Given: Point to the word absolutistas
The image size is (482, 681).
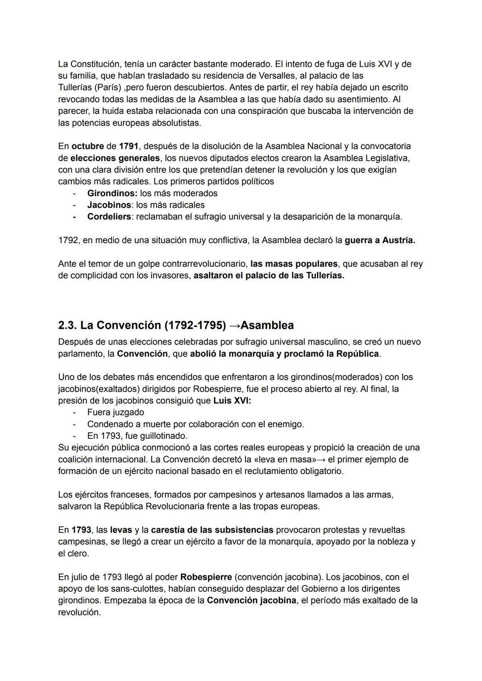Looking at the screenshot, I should tap(176, 123).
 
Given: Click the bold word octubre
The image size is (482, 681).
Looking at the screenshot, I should tap(87, 146).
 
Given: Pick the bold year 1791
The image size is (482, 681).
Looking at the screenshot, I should tap(129, 146).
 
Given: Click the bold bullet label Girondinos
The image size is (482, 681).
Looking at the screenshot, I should tap(112, 193).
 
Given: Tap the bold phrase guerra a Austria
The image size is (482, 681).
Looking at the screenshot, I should tap(380, 240).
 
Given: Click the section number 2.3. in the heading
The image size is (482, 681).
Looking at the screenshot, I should tap(67, 325).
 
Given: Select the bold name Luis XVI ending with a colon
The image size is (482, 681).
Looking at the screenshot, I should tap(232, 400).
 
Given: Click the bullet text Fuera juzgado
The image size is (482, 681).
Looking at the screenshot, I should tap(116, 412).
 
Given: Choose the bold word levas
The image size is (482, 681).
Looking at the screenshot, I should tap(121, 530).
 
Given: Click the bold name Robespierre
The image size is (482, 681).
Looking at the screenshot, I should tap(206, 577).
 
